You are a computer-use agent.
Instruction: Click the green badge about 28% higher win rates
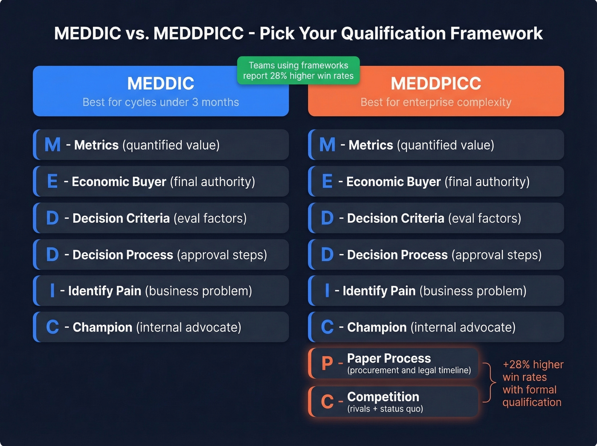click(x=298, y=70)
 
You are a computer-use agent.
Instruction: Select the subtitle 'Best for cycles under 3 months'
click(x=161, y=102)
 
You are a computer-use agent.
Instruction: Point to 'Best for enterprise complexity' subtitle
click(x=436, y=102)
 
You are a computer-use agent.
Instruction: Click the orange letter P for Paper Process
click(x=327, y=364)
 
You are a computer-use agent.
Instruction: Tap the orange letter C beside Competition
click(x=327, y=402)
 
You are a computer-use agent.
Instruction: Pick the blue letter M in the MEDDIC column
click(x=52, y=145)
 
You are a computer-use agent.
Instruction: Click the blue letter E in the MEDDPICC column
click(x=327, y=181)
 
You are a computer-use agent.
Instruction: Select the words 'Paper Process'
click(x=389, y=358)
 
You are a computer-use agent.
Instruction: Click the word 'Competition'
click(x=383, y=396)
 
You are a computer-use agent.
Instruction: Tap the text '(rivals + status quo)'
click(x=385, y=409)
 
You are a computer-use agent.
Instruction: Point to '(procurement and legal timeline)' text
click(x=409, y=370)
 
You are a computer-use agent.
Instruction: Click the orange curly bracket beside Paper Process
click(x=490, y=382)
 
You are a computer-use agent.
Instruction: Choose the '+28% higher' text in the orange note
click(x=533, y=364)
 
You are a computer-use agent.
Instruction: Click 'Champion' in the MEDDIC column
click(x=102, y=327)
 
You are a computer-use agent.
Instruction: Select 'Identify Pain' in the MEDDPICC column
click(x=379, y=291)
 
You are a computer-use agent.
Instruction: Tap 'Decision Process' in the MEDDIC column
click(x=123, y=255)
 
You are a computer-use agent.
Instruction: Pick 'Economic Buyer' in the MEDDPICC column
click(x=393, y=181)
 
